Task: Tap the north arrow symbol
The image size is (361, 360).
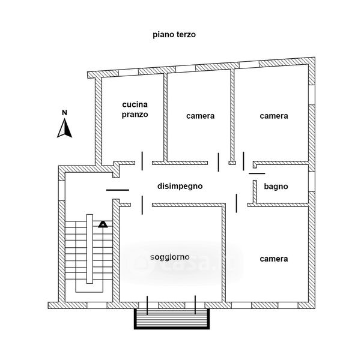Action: [x=64, y=128]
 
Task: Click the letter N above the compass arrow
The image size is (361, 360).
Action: [x=64, y=112]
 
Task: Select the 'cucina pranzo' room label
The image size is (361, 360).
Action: [x=135, y=109]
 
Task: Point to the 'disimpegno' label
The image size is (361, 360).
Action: [x=180, y=186]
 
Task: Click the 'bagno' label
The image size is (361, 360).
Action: [x=276, y=187]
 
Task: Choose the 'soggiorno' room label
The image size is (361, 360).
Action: [x=170, y=257]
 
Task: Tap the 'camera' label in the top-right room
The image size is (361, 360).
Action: [x=274, y=116]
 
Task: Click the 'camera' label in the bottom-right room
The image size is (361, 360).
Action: [x=274, y=259]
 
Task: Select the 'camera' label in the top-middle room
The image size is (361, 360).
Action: [x=200, y=116]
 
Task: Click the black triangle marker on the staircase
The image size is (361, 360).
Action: [x=103, y=224]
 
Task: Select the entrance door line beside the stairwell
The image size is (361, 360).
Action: [x=117, y=190]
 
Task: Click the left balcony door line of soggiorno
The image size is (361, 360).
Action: [x=148, y=306]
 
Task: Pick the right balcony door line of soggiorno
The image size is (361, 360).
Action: [x=195, y=306]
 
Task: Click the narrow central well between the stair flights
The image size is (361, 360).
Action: [x=89, y=252]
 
